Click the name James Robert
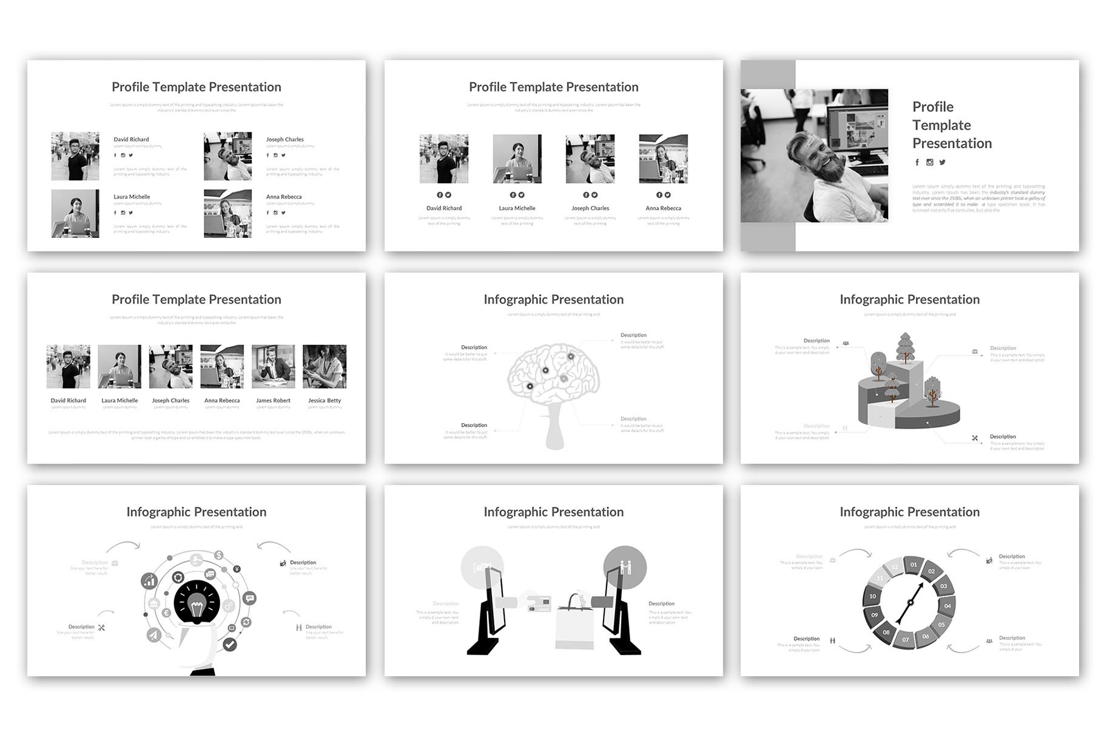click(273, 401)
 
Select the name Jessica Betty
click(325, 401)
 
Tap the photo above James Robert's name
click(273, 367)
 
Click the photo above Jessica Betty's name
click(325, 367)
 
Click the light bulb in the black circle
click(196, 606)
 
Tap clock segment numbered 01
click(914, 565)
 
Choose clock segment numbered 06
click(926, 636)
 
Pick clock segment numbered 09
click(874, 615)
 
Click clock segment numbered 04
click(947, 605)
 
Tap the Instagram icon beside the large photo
click(929, 162)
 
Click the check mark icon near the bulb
click(229, 644)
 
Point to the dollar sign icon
click(218, 555)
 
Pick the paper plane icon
click(153, 635)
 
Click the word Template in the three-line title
click(941, 125)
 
